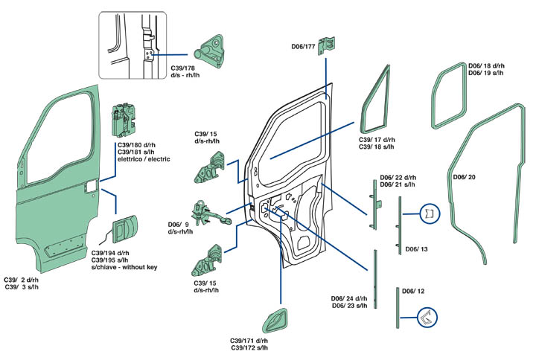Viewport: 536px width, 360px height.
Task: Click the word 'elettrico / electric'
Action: (x=144, y=160)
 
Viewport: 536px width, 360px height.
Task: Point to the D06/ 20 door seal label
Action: (x=465, y=177)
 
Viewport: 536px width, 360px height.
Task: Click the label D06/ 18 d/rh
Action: (x=486, y=65)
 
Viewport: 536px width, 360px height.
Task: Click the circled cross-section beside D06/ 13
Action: (x=431, y=214)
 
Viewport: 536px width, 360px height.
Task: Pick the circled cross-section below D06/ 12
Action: (x=427, y=318)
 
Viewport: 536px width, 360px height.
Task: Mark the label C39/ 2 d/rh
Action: (x=22, y=280)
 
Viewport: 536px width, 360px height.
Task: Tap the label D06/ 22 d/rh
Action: (x=398, y=177)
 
